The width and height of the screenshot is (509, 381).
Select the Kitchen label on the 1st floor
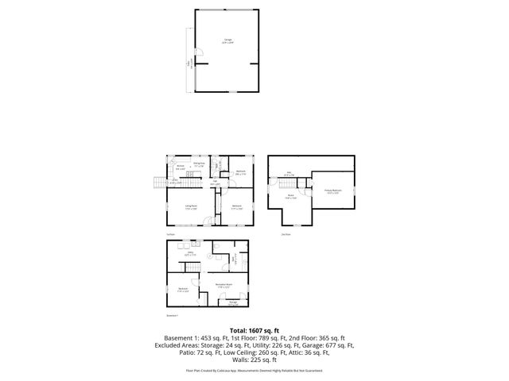pos(181,167)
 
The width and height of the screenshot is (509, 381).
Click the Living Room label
pos(192,208)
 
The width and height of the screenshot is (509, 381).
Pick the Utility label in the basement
pos(189,254)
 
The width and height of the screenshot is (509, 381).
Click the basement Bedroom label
pos(183,290)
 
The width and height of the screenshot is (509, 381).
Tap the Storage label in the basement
pos(233,302)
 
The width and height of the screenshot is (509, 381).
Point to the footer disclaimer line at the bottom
pos(254,370)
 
